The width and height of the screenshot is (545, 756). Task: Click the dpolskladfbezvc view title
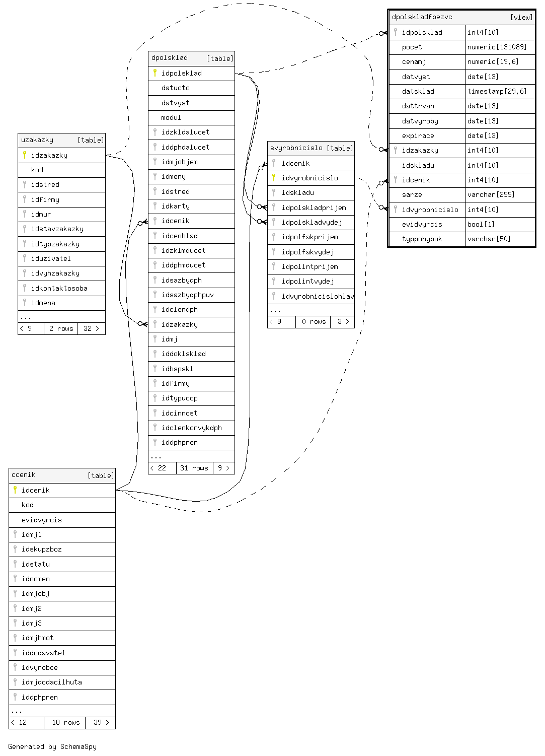point(422,17)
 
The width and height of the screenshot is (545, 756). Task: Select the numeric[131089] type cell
point(497,47)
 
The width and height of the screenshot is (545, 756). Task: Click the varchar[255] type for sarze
point(486,195)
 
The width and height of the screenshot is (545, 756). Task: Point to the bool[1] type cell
point(481,225)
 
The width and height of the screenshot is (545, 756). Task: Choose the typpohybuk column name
point(422,239)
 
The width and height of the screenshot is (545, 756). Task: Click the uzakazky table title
point(37,140)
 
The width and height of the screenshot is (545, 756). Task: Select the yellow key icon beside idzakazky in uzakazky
point(25,155)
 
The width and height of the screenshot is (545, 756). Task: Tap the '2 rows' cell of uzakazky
point(61,329)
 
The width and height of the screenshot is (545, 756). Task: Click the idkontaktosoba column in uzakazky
point(59,289)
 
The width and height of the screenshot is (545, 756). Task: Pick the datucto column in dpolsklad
point(175,88)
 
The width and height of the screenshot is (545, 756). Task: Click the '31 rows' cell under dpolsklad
point(194,468)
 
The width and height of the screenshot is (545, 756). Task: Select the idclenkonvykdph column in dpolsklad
point(191,428)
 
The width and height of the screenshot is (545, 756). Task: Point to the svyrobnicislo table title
point(296,148)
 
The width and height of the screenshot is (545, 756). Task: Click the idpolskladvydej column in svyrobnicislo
point(312,223)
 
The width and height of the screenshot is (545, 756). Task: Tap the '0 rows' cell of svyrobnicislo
point(314,322)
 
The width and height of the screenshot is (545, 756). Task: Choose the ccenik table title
point(24,475)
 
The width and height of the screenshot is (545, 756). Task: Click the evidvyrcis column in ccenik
point(41,520)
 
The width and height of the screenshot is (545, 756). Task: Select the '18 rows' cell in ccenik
point(65,723)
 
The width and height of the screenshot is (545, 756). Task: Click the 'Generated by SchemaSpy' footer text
point(52,747)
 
